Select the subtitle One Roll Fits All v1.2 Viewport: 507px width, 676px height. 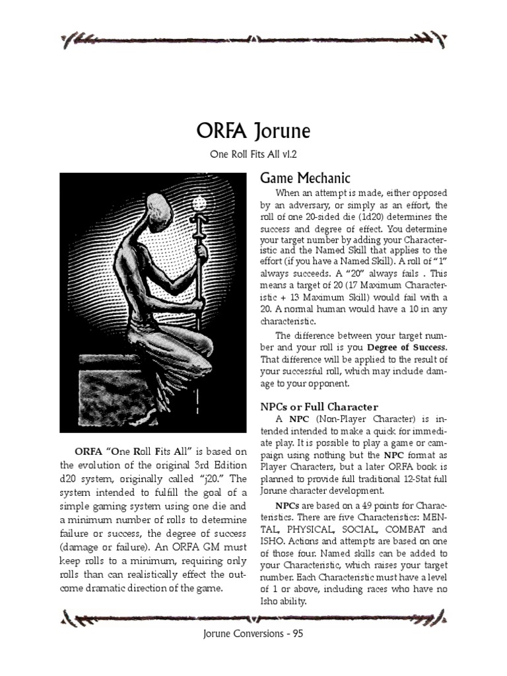pos(253,155)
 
